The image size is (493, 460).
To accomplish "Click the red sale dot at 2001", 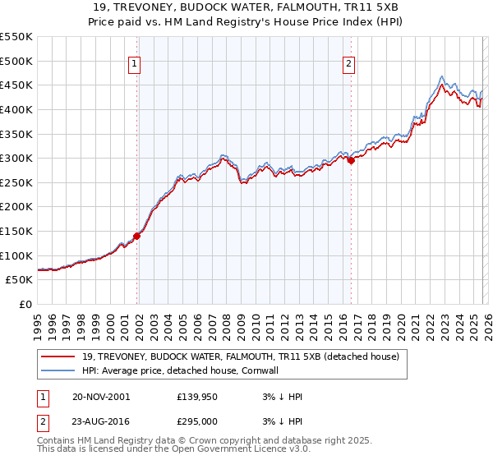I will coord(137,236).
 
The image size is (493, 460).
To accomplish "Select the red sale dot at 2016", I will coord(351,161).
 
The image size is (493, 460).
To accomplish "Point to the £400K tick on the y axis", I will coord(16,109).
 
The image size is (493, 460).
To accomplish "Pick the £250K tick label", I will coord(16,182).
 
